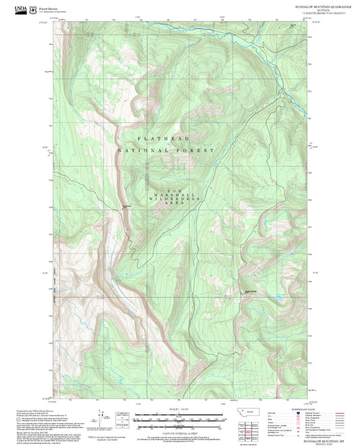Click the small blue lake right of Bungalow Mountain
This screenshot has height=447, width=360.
[276, 296]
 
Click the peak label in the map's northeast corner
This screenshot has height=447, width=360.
[292, 26]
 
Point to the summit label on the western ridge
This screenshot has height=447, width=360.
[125, 207]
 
